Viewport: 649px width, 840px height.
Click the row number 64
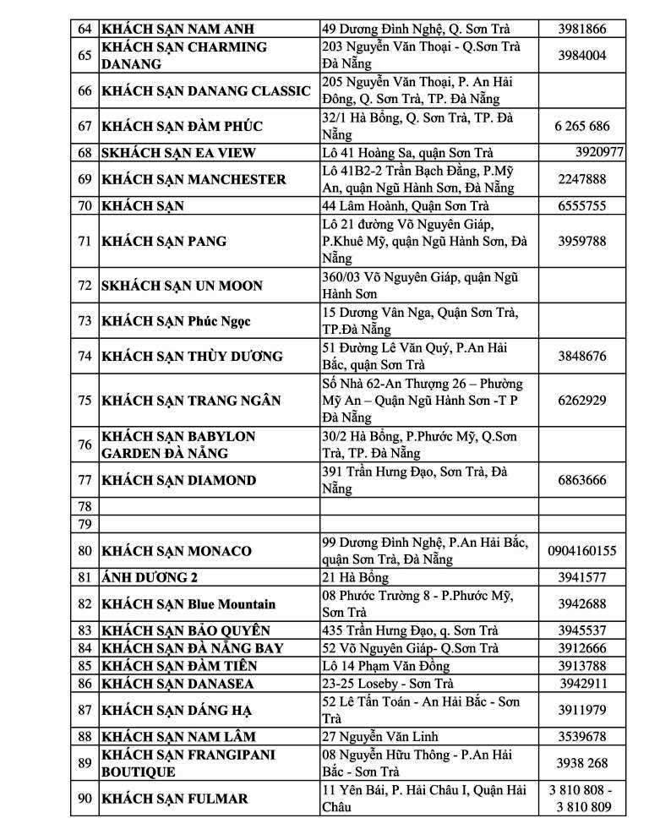tap(85, 29)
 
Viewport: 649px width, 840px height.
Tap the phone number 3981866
tap(581, 29)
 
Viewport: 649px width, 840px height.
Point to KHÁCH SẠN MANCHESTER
tap(194, 179)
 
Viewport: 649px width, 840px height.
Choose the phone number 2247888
tap(581, 179)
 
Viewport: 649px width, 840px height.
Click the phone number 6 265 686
tap(581, 126)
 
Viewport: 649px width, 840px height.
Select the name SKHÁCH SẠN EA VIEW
tap(178, 153)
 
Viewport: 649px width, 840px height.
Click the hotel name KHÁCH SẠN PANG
tap(164, 241)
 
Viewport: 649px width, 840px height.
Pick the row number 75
tap(85, 400)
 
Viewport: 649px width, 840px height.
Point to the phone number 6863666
tap(581, 480)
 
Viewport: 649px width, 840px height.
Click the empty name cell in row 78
tap(209, 507)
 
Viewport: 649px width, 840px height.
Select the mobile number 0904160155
tap(581, 551)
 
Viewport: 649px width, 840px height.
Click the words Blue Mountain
tap(232, 604)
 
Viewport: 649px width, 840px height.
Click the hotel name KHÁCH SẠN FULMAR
tap(175, 799)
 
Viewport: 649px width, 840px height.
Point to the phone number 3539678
tap(581, 737)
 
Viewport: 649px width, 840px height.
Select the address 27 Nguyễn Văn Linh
tap(379, 737)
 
